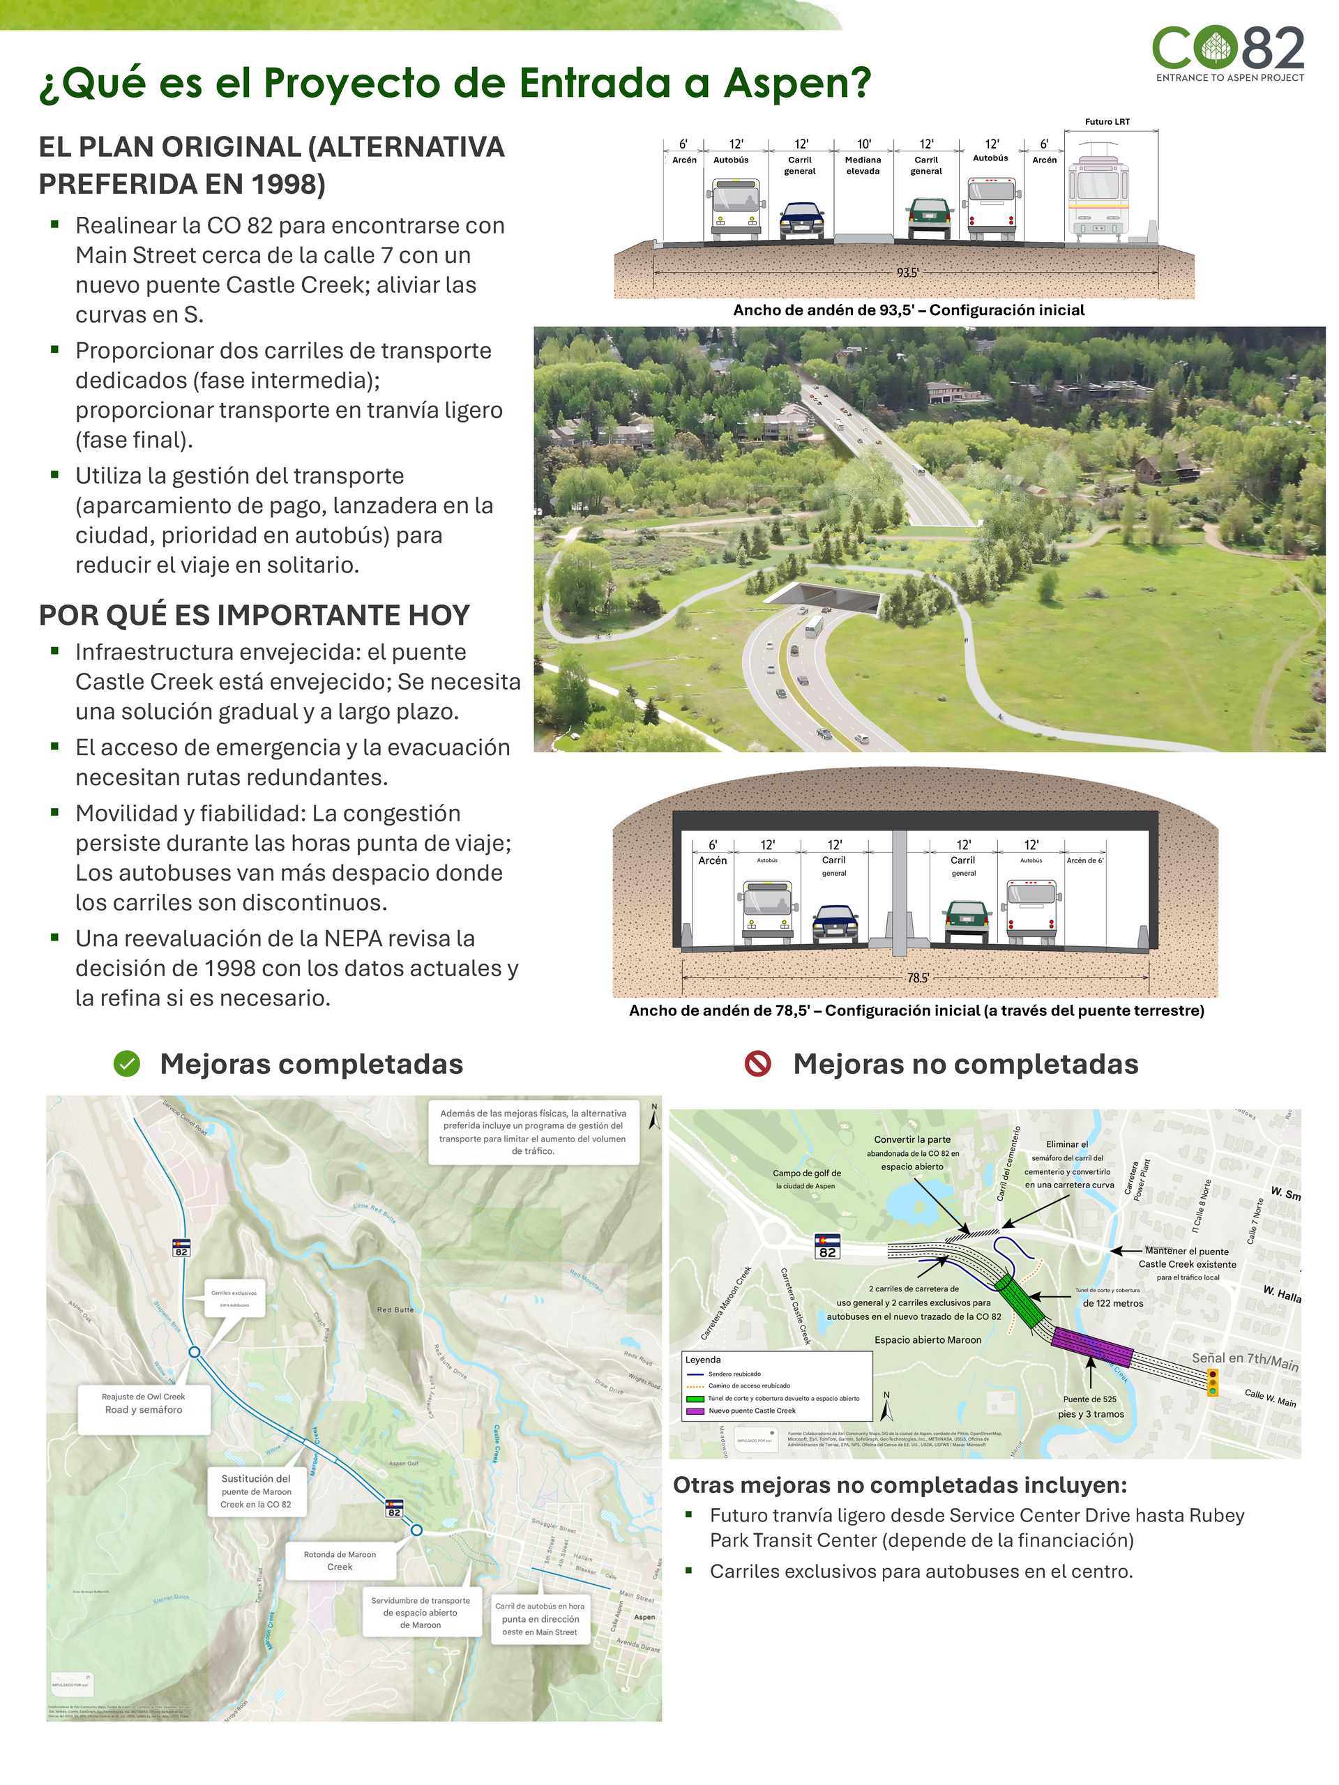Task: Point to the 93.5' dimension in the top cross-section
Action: [907, 273]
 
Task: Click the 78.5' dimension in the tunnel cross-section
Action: [918, 978]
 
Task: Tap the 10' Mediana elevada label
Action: [863, 158]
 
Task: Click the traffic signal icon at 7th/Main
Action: [1211, 1382]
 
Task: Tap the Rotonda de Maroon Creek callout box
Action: [340, 1560]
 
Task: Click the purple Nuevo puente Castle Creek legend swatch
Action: [694, 1411]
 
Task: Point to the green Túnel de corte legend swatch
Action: [694, 1399]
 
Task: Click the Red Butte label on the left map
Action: [395, 1309]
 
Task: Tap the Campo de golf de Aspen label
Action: [805, 1179]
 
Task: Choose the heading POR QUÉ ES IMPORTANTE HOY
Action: [255, 615]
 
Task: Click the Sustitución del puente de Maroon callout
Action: [256, 1491]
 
